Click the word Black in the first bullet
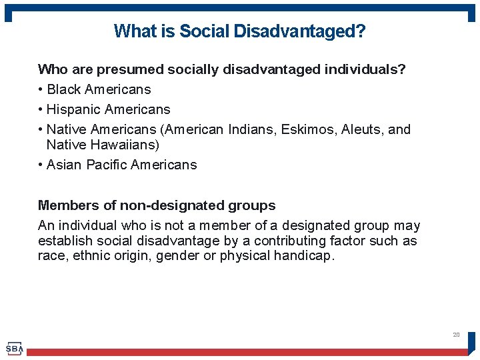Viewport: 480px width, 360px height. point(65,89)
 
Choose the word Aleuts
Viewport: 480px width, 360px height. point(361,129)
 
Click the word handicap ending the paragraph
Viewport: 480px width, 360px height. point(304,255)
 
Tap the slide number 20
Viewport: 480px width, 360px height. point(456,335)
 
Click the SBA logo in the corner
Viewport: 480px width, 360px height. point(15,348)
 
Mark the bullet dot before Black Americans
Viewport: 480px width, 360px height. point(41,90)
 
